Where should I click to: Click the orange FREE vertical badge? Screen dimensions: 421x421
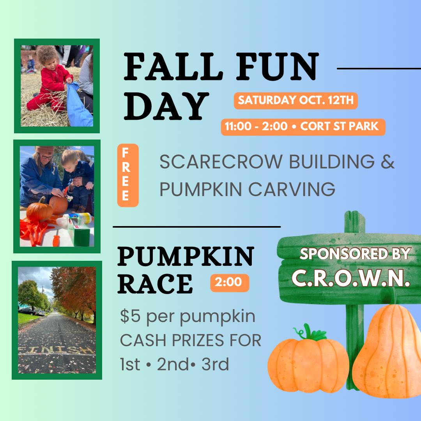[x=128, y=175]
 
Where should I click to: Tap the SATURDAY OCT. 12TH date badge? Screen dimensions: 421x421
[x=295, y=101]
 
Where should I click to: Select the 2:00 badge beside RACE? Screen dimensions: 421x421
[x=230, y=283]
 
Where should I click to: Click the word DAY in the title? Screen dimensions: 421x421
[x=166, y=106]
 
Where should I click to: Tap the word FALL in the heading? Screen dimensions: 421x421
[x=173, y=67]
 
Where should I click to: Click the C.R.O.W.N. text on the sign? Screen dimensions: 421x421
[x=351, y=278]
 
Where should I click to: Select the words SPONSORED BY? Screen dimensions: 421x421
[x=355, y=254]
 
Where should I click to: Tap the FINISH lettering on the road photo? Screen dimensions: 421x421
[x=57, y=350]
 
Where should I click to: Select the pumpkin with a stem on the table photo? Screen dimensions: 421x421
[x=39, y=210]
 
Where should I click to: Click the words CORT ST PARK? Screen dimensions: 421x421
[x=340, y=126]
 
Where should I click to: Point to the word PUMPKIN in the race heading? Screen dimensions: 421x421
[x=186, y=256]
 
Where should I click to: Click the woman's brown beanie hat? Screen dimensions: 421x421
[x=45, y=150]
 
